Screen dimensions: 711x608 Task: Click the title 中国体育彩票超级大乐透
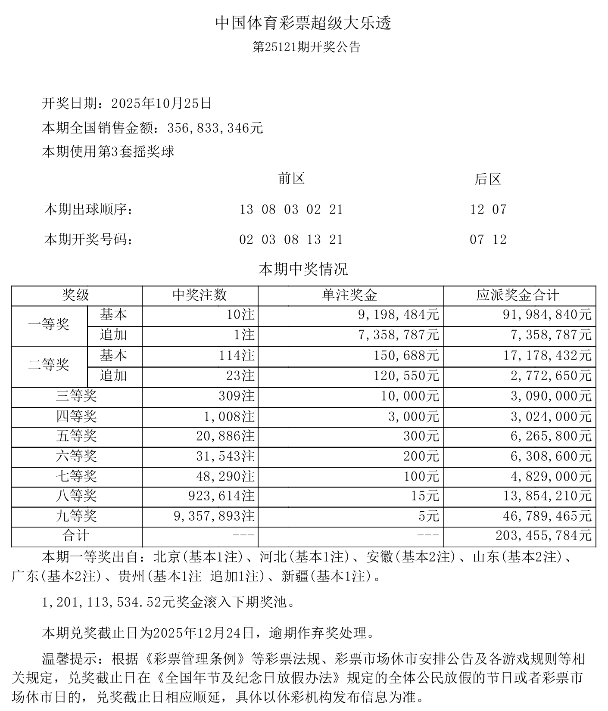[303, 23]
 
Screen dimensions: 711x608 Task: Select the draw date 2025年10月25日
[162, 103]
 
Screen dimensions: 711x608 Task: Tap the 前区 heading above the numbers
[291, 179]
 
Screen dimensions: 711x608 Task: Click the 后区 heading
[488, 179]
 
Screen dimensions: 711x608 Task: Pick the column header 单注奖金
[350, 295]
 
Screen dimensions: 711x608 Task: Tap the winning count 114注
[237, 356]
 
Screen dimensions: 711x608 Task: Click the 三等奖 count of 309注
[237, 396]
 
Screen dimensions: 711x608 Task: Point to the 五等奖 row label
[76, 436]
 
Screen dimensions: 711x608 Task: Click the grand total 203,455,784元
[544, 536]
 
